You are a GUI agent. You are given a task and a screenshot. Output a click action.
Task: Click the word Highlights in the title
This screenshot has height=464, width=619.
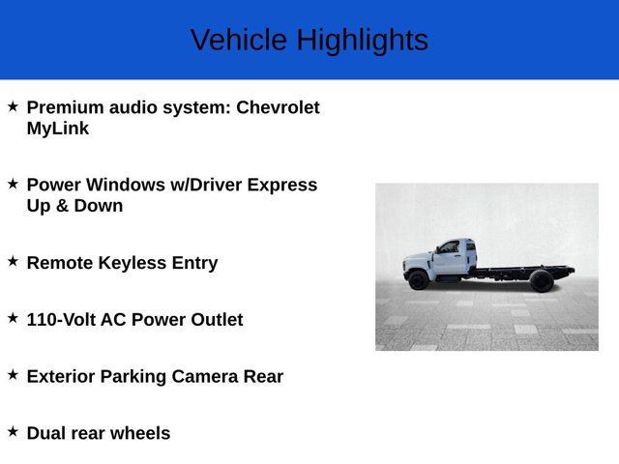(x=362, y=41)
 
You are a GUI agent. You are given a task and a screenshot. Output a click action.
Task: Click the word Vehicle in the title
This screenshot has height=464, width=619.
(x=239, y=41)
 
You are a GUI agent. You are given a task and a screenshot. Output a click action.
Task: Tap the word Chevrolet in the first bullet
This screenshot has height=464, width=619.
(x=278, y=107)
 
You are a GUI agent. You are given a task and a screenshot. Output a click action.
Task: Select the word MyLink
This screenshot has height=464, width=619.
(x=58, y=129)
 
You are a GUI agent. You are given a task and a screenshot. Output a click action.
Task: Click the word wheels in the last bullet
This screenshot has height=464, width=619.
(x=139, y=434)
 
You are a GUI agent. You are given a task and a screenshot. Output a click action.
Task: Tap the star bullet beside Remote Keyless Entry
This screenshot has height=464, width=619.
(x=13, y=261)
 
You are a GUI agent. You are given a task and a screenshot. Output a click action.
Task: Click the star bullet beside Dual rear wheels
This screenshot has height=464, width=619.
(x=13, y=431)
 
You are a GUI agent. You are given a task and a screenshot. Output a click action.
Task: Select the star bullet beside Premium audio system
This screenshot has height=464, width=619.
(x=13, y=105)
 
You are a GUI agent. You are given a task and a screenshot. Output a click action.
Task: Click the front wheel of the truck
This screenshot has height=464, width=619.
(x=418, y=280)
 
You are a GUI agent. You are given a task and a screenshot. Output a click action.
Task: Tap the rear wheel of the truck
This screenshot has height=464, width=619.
(x=541, y=281)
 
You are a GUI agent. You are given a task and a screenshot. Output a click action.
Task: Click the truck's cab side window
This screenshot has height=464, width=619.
(x=449, y=248)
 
